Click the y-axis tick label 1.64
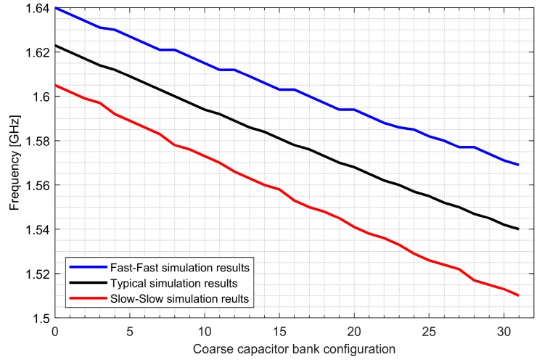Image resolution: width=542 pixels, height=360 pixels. [x=37, y=8]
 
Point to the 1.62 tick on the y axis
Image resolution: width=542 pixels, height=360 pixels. [x=37, y=52]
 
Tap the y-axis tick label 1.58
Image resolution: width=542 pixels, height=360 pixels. [x=37, y=141]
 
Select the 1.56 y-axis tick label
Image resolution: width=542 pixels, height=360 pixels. [x=37, y=185]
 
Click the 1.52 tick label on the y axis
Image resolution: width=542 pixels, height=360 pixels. [x=37, y=274]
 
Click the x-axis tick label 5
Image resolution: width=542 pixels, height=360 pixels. [x=129, y=331]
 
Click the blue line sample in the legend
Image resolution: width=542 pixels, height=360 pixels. [x=84, y=266]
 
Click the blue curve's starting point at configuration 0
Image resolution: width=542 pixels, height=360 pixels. [x=55, y=8]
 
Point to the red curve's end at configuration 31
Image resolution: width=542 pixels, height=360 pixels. [x=518, y=295]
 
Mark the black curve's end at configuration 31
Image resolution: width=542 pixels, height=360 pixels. [x=518, y=229]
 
